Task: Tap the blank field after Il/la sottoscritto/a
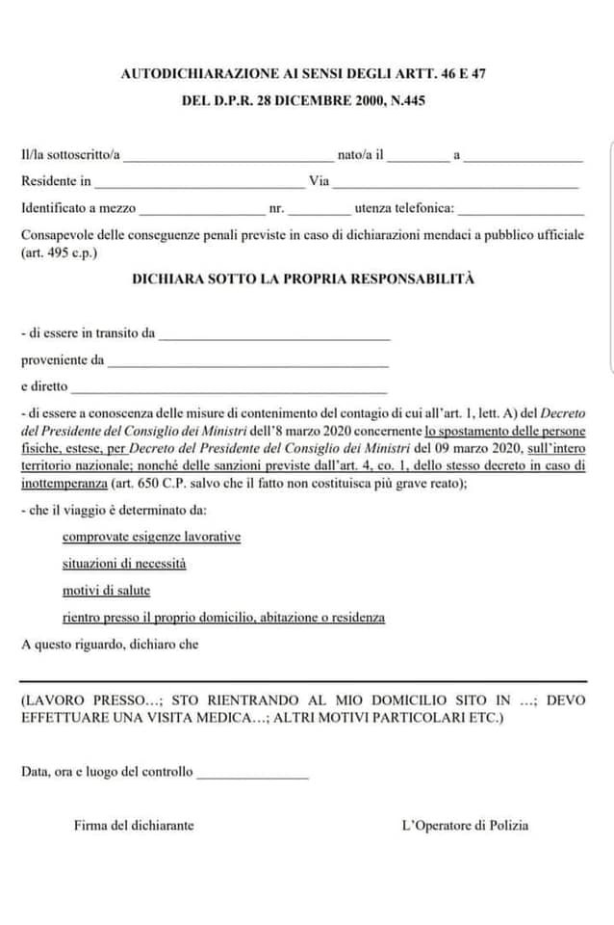click(228, 156)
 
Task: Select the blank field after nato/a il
click(419, 156)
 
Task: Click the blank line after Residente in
click(199, 182)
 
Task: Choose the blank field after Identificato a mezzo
click(201, 209)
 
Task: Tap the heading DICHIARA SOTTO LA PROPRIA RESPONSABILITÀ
click(304, 279)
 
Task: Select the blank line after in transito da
click(274, 335)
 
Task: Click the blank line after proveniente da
click(248, 362)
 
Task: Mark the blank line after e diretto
click(229, 388)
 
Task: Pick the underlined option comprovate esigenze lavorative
click(151, 537)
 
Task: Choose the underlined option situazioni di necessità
click(124, 564)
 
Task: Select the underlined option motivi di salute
click(106, 591)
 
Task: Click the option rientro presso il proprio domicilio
click(223, 618)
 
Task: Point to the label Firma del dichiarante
click(134, 826)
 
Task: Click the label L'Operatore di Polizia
click(465, 826)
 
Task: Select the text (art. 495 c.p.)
click(59, 253)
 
